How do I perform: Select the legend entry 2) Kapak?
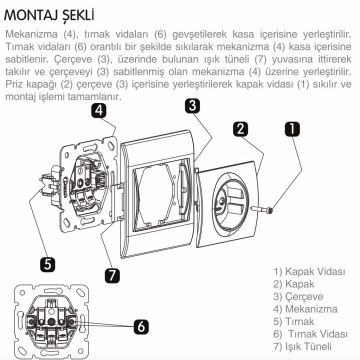[x=289, y=285]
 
